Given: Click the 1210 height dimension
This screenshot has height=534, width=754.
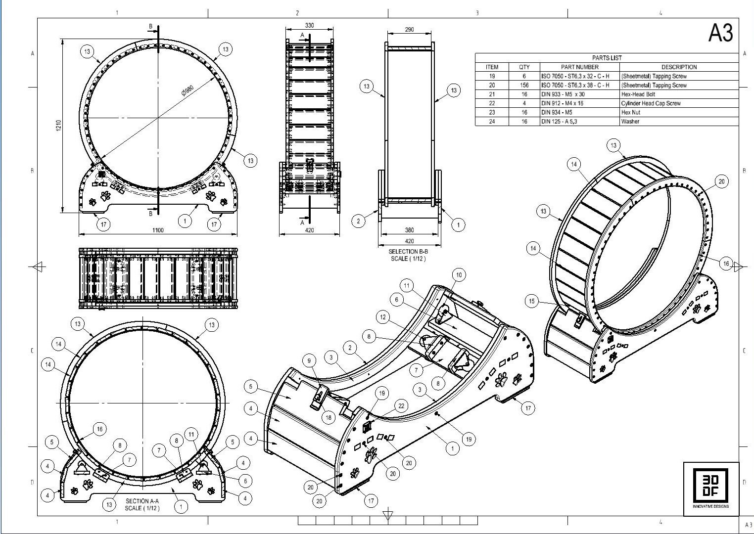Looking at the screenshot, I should tap(58, 126).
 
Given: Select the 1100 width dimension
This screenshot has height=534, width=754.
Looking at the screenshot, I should tap(158, 230).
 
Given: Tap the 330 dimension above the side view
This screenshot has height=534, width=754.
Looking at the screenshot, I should tap(309, 26).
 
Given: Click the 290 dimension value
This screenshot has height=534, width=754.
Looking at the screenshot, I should tap(409, 30).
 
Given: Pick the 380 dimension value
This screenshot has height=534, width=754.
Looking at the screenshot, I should tap(409, 230).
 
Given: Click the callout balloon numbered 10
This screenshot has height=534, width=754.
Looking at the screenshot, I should tap(459, 275).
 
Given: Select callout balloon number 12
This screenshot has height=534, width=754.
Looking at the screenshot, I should tap(383, 317).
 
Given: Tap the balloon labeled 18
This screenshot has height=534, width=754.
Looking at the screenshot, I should tap(329, 418).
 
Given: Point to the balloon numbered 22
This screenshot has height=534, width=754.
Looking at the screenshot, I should tap(401, 406).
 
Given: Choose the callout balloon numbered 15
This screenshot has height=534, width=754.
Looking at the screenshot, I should tap(532, 301).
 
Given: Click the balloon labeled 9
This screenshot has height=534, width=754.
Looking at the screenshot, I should tap(309, 361).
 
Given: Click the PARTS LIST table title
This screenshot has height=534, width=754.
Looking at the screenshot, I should tap(607, 58).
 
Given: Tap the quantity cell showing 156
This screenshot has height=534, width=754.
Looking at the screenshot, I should tap(524, 85).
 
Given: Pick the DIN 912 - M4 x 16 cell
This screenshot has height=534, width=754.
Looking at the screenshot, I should tap(562, 103).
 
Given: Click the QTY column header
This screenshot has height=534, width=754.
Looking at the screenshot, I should tap(524, 67).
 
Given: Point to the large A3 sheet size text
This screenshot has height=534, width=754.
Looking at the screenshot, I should tap(721, 33).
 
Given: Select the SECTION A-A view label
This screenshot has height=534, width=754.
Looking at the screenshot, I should tap(142, 504).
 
